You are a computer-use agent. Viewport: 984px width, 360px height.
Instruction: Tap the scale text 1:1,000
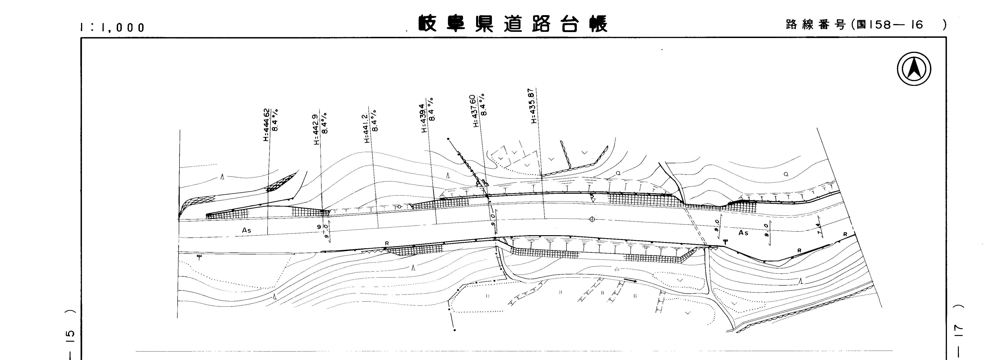113,27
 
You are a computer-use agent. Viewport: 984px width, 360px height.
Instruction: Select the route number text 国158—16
890,25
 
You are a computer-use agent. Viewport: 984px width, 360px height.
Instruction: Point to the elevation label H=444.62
266,125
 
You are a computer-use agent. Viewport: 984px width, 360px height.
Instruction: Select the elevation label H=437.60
476,111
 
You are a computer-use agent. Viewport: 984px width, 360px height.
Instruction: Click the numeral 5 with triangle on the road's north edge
592,198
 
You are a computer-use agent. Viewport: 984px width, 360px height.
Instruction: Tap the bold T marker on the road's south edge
725,242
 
